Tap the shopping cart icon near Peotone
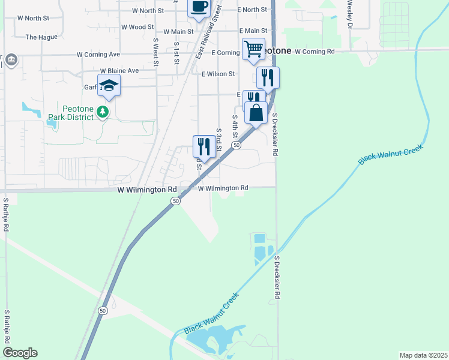coord(253,49)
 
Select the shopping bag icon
coord(256,113)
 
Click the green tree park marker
coord(103,112)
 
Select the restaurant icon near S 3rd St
coord(204,146)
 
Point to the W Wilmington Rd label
coord(147,190)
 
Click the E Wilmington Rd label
coord(223,188)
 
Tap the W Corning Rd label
coord(315,52)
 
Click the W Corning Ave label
coord(98,54)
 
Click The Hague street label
coord(41,37)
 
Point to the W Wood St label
coord(137,27)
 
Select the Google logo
coord(20,353)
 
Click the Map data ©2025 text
coord(423,355)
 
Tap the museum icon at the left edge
coord(11,60)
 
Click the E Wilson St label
coord(218,74)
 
